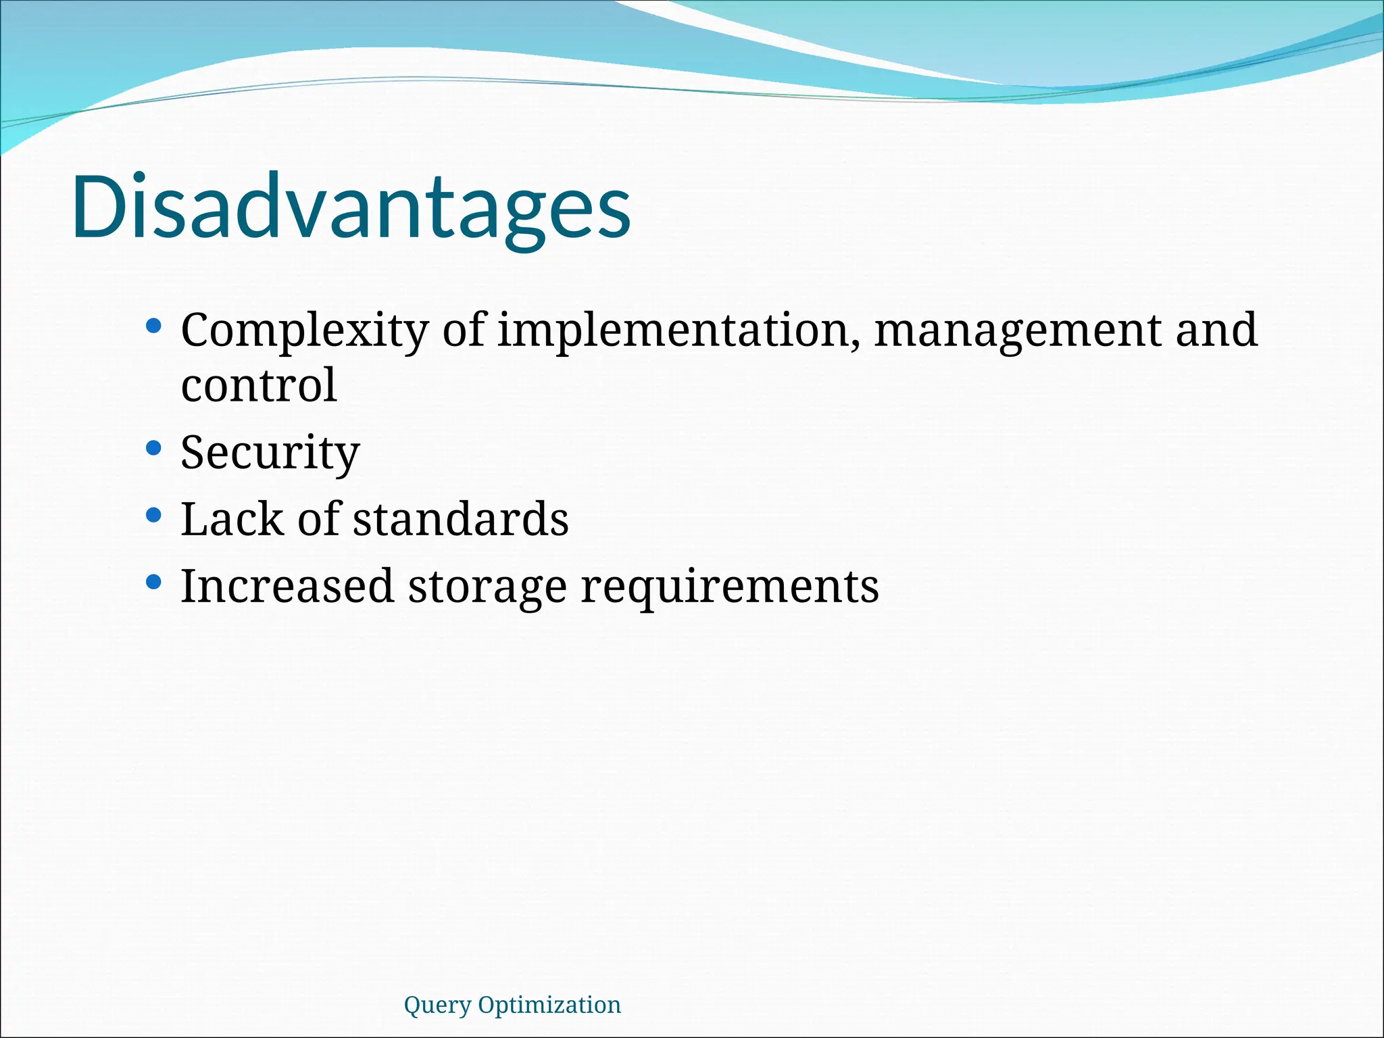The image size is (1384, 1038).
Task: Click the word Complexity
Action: pyautogui.click(x=304, y=331)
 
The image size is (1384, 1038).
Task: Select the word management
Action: pyautogui.click(x=1017, y=331)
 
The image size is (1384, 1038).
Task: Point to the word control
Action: pyautogui.click(x=259, y=386)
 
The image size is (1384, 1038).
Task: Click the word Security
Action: pyautogui.click(x=270, y=453)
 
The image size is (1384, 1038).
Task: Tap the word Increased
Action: pyautogui.click(x=287, y=586)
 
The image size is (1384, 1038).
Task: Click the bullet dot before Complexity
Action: pyautogui.click(x=153, y=326)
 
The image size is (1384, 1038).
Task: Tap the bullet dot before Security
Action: pyautogui.click(x=153, y=448)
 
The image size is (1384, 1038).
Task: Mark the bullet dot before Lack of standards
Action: pyautogui.click(x=153, y=515)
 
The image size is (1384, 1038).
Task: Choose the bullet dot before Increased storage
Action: pyautogui.click(x=153, y=581)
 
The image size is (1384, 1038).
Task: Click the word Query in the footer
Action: pyautogui.click(x=437, y=1006)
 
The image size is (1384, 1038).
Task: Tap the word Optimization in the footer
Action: pyautogui.click(x=549, y=1006)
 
